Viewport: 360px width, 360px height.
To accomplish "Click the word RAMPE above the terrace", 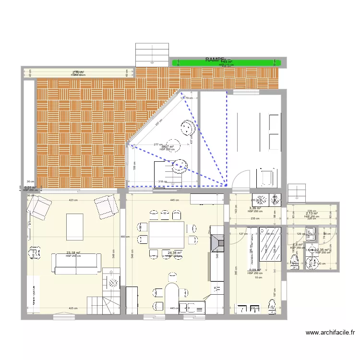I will point(214,60).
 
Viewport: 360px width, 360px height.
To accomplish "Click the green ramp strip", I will point(226,63).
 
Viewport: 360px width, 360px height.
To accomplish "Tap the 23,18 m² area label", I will point(73,253).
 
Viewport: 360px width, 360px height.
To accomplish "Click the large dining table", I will point(167,235).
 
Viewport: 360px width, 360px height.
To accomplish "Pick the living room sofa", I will point(77,264).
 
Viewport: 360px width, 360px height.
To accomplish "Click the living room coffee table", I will point(74,227).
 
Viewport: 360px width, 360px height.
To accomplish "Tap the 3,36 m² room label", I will point(255,208).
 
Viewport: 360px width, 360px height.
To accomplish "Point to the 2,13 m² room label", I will point(312,214).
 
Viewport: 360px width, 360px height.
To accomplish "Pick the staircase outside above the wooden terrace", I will point(153,54).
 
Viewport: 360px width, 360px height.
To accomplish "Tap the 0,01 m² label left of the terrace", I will point(30,188).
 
